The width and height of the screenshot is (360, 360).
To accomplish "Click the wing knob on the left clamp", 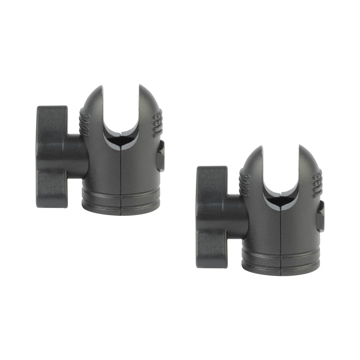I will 51,156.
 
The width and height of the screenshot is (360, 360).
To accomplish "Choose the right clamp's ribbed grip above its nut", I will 317,181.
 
